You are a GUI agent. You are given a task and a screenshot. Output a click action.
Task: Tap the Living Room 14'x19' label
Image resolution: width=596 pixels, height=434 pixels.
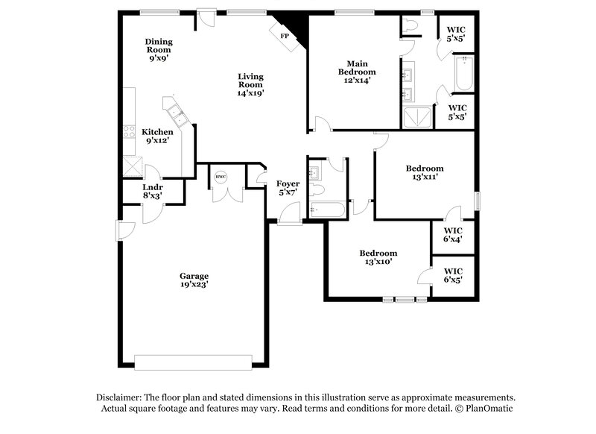251,85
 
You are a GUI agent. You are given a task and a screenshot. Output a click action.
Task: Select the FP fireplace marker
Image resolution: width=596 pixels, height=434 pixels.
284,36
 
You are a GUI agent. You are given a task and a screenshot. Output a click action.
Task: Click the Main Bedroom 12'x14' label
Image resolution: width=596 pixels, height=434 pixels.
355,72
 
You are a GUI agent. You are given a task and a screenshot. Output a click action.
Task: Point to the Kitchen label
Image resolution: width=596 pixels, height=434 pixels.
158,136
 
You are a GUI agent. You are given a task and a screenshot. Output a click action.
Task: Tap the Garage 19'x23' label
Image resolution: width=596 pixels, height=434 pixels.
193,280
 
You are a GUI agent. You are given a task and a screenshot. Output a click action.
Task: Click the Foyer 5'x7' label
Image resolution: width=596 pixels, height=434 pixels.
288,187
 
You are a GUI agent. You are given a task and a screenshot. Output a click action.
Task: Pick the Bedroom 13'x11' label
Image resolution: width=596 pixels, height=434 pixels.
425,173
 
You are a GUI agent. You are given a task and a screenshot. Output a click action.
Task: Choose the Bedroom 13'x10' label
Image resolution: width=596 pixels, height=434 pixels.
378,257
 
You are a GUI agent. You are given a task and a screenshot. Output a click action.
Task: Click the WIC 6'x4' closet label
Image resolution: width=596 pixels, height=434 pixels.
453,235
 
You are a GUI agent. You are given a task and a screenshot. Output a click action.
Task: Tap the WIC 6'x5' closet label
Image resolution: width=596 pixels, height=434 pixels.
453,275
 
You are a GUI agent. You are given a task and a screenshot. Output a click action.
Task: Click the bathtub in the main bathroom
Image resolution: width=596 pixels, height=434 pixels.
463,75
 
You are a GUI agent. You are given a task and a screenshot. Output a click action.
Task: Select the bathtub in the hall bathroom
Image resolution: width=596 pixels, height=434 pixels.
327,210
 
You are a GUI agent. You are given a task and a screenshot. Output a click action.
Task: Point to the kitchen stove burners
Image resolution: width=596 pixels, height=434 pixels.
129,136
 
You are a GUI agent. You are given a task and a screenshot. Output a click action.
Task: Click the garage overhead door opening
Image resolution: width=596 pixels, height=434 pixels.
193,362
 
